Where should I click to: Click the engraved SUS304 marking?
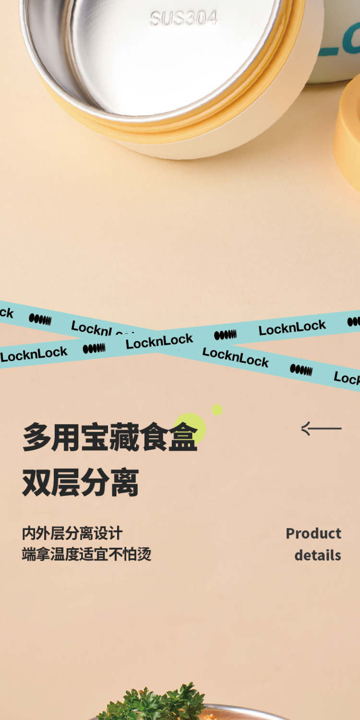183,19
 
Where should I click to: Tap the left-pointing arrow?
321,428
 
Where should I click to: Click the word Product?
313,533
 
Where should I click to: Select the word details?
317,555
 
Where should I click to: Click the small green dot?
217,409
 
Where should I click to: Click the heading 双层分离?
80,483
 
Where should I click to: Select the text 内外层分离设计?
72,533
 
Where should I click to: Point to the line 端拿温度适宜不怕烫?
86,554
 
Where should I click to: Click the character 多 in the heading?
36,437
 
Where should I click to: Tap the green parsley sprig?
154,703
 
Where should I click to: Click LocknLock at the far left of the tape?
34,354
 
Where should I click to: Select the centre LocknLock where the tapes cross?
159,341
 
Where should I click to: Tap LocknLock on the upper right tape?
292,327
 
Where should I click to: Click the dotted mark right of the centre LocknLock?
225,335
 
